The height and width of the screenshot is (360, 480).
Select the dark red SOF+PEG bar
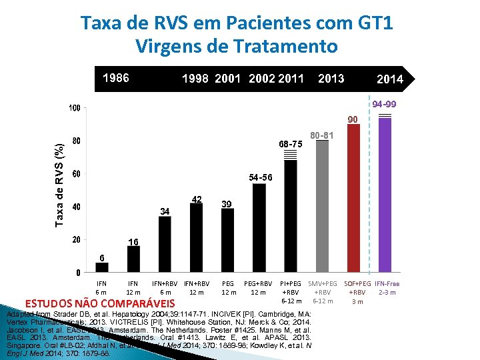pos(354,200)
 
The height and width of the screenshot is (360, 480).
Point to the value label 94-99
pos(385,105)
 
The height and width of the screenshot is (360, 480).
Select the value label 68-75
pos(291,144)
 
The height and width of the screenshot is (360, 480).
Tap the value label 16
pos(133,242)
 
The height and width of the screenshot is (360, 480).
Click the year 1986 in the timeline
pos(115,78)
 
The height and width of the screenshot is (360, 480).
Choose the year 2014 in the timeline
pos(389,79)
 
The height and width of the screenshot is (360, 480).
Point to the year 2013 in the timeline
pos(331,79)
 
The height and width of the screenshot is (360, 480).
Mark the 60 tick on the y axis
pos(77,174)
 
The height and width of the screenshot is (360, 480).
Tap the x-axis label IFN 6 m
pos(101,288)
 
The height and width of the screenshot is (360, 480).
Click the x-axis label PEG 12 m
pos(228,288)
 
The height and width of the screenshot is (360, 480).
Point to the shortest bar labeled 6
pos(101,267)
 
